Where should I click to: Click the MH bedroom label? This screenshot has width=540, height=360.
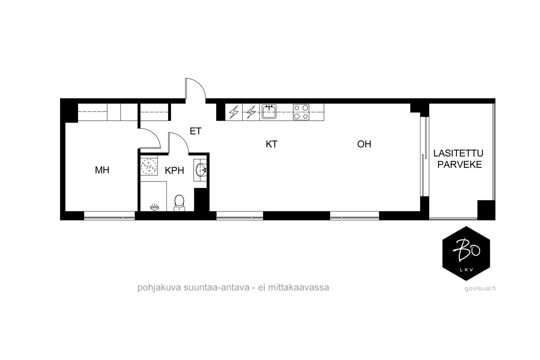102,170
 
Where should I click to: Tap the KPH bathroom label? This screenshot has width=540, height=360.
174,171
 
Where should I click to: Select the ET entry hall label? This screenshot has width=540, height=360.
195,131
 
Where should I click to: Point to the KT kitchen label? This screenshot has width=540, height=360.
271,144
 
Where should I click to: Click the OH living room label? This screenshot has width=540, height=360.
364,144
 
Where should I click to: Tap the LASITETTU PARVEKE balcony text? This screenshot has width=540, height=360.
458,159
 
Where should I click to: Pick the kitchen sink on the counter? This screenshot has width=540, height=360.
269,112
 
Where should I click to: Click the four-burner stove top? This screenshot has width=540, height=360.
301,112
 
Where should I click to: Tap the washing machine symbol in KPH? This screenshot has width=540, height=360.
149,166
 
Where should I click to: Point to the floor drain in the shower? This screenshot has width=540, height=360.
154,206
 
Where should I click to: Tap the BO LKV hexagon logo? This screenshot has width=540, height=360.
466,253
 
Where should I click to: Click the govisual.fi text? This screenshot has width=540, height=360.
480,288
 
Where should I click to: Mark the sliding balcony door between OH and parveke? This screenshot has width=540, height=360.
424,157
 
